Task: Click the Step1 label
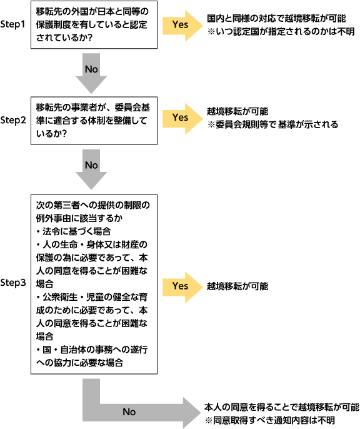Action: pyautogui.click(x=12, y=24)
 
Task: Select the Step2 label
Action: pyautogui.click(x=13, y=120)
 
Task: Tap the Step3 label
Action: pyautogui.click(x=13, y=283)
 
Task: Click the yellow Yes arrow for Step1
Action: pyautogui.click(x=182, y=26)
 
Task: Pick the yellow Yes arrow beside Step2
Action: pyautogui.click(x=182, y=119)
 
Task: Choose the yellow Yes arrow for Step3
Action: pyautogui.click(x=182, y=287)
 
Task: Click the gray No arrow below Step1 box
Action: pyautogui.click(x=91, y=73)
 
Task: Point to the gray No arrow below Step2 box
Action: pyautogui.click(x=91, y=169)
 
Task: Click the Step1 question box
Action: pyautogui.click(x=94, y=24)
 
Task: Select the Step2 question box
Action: pyautogui.click(x=94, y=121)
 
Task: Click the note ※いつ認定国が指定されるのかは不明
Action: pyautogui.click(x=281, y=32)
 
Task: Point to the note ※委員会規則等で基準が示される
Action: pyautogui.click(x=272, y=125)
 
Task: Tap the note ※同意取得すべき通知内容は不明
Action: pyautogui.click(x=270, y=420)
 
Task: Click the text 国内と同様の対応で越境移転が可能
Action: pyautogui.click(x=276, y=19)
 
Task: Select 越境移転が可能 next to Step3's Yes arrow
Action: pyautogui.click(x=237, y=286)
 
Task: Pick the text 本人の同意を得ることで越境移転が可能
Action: pyautogui.click(x=282, y=407)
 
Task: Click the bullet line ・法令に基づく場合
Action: pyautogui.click(x=73, y=231)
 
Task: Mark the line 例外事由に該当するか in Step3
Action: pyautogui.click(x=79, y=218)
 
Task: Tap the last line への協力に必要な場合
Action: pyautogui.click(x=79, y=363)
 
